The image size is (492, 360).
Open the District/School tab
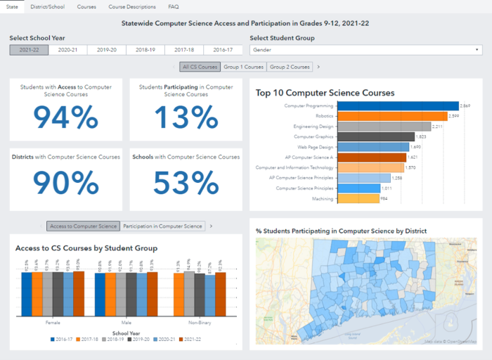coord(48,6)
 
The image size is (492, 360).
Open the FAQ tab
coord(174,6)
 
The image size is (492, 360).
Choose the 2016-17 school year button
coord(223,50)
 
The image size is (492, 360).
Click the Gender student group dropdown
coord(365,50)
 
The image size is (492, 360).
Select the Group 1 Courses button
coord(244,67)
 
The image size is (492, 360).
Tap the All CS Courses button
coord(200,67)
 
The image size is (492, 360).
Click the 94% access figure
coord(66,117)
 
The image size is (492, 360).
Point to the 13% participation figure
coord(186,117)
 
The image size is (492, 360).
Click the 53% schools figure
coord(186,183)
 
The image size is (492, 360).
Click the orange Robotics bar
coord(370,116)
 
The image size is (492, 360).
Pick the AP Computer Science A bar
coord(350,157)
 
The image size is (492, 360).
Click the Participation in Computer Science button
coord(163,226)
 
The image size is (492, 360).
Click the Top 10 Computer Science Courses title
coord(325,92)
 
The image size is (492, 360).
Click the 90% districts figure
coord(66,183)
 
